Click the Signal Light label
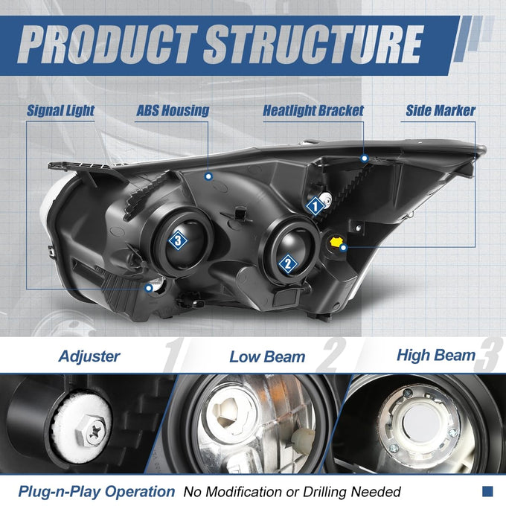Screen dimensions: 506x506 (60, 110)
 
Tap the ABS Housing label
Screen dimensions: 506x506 (173, 110)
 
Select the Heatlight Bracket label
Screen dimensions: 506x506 (313, 110)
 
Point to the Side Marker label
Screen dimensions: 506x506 (441, 110)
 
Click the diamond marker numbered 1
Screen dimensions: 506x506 (316, 206)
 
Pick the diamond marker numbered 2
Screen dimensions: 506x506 (288, 264)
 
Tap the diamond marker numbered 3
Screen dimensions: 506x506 (178, 240)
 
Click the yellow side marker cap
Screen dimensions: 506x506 (336, 242)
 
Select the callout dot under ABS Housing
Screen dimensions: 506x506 (209, 176)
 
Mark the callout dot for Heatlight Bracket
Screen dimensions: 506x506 (365, 158)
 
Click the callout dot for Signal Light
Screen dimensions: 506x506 (149, 288)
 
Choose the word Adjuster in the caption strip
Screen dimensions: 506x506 (89, 356)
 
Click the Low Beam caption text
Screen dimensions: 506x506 (267, 357)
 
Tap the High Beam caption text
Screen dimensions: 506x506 (436, 355)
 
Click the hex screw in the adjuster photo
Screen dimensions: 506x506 (92, 431)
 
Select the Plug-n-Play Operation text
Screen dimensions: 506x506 (97, 492)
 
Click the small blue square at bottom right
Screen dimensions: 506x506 (487, 491)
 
